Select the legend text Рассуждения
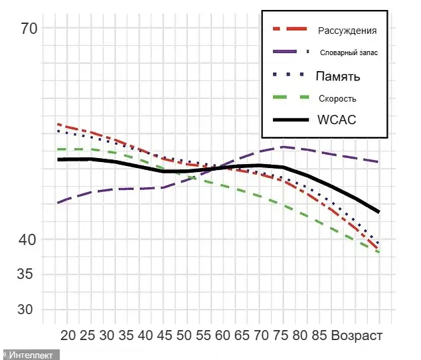pos(347,31)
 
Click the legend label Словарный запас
pos(349,52)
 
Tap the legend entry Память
pos(338,76)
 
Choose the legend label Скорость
pos(337,98)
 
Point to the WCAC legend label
pos(337,120)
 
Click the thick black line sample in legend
pos(291,120)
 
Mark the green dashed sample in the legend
pos(291,98)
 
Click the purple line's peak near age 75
pos(284,147)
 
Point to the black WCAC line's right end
pos(379,212)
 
